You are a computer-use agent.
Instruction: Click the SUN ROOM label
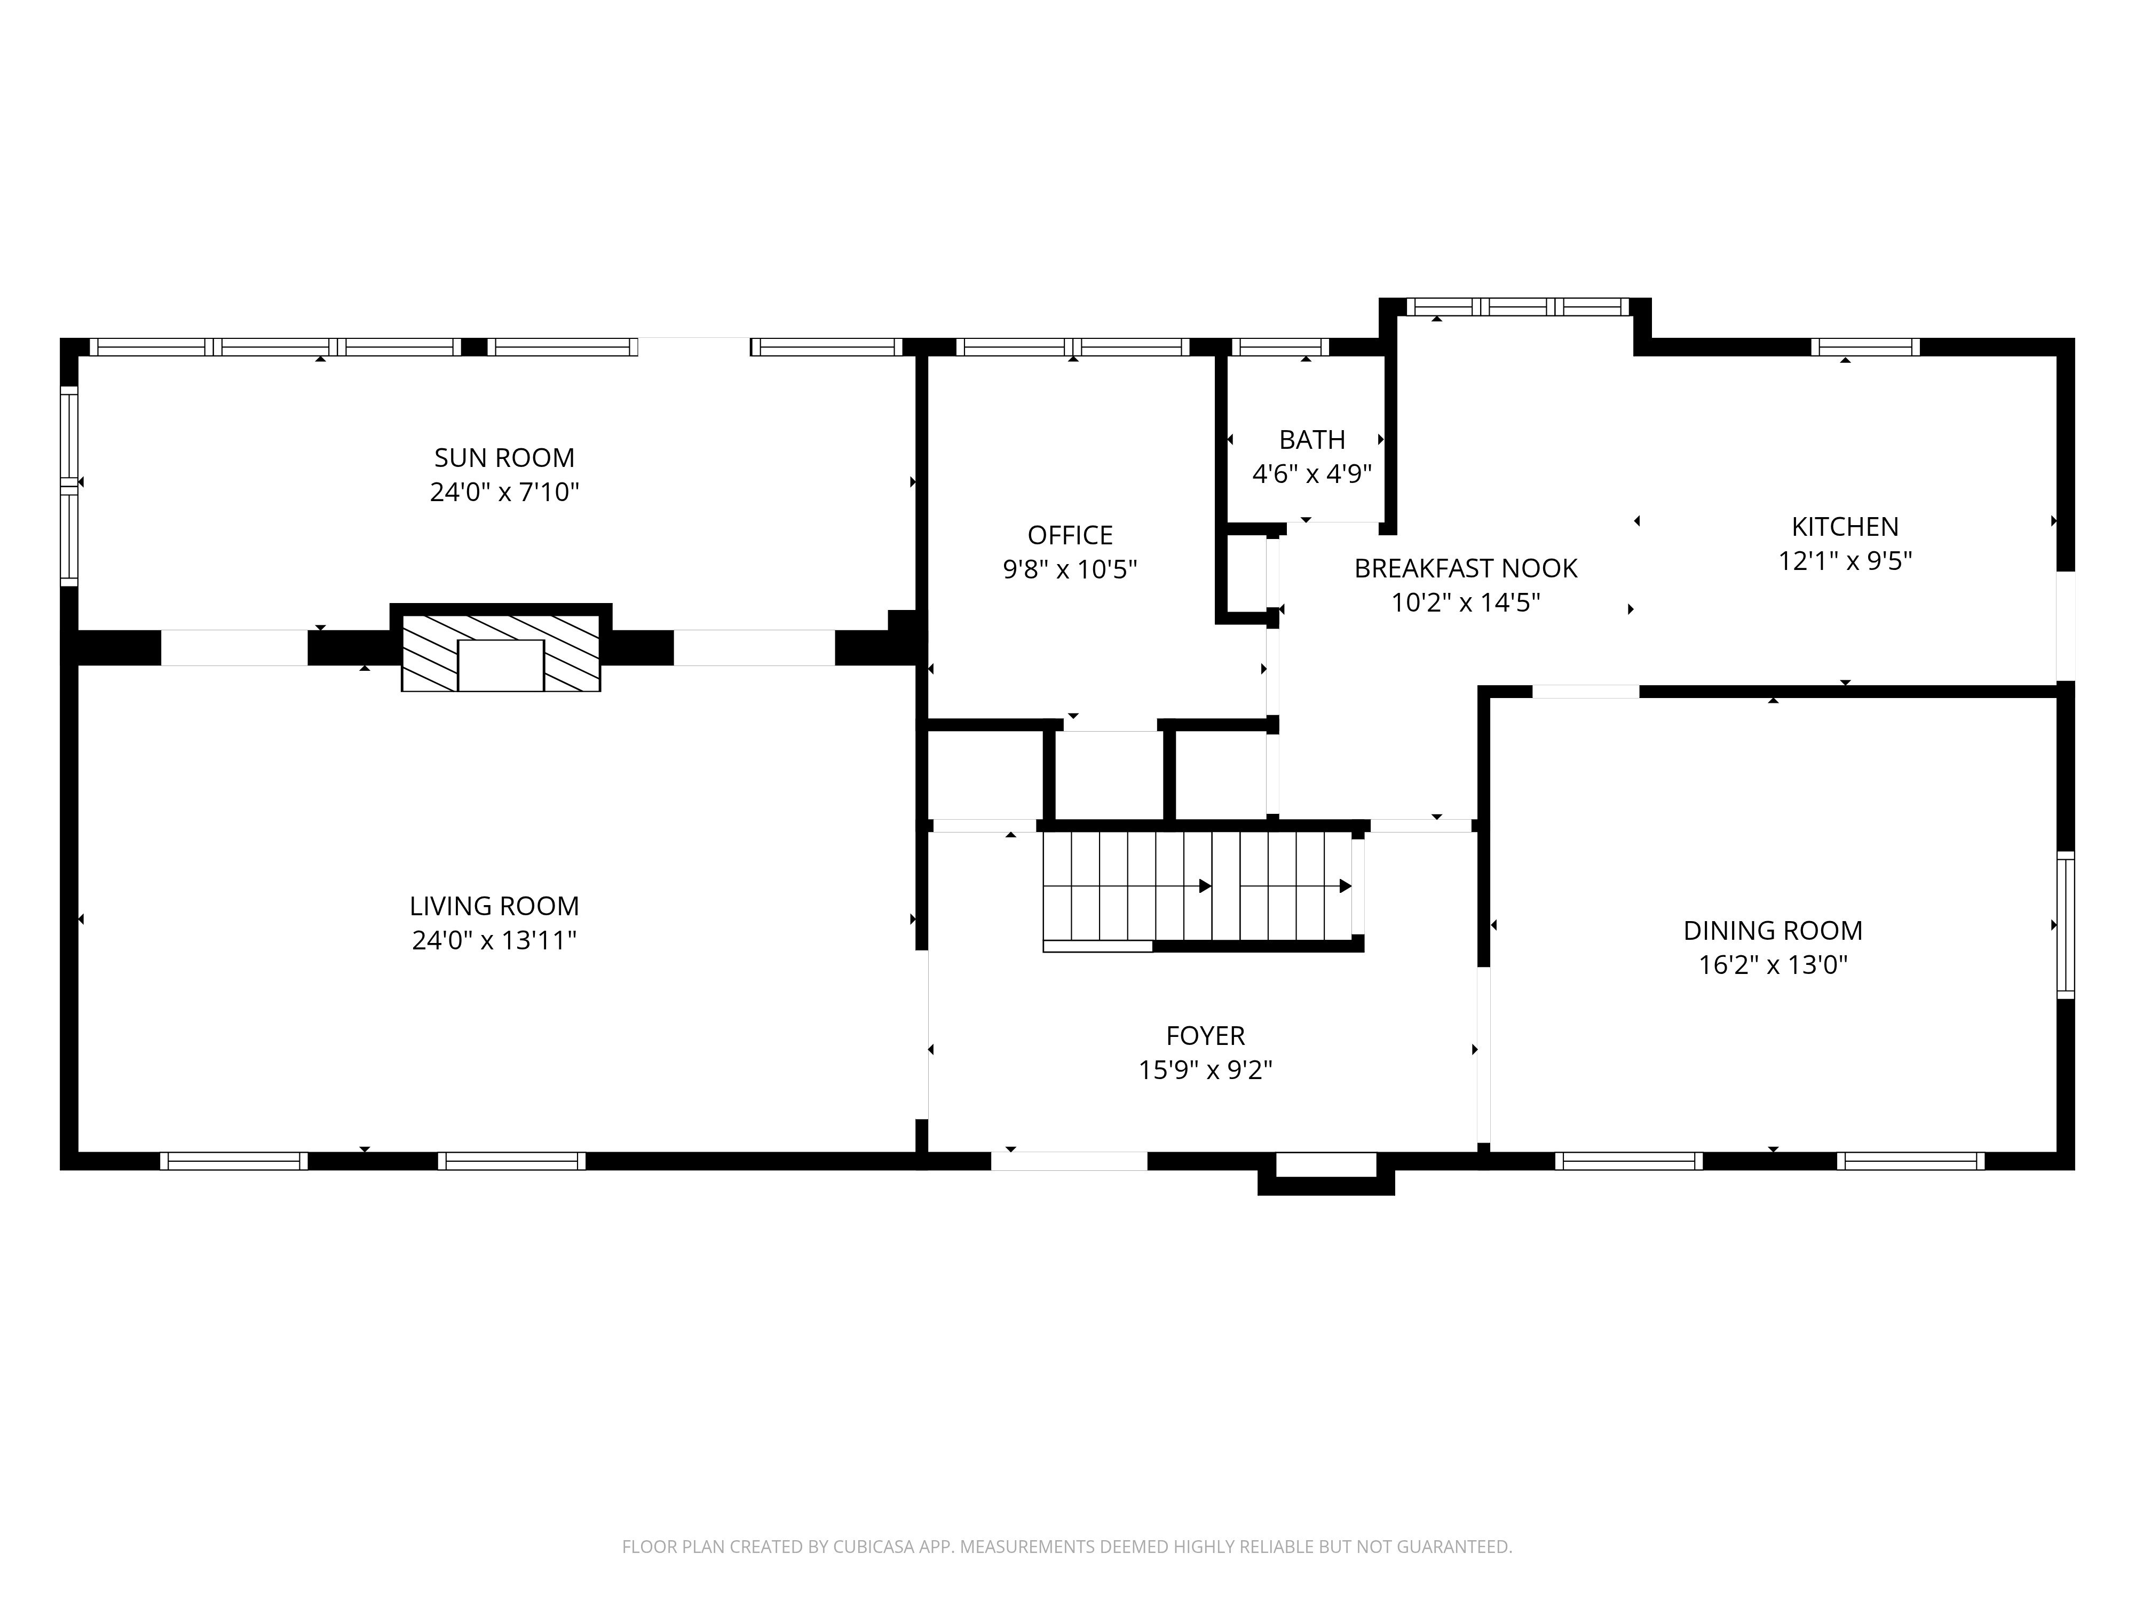[x=504, y=457]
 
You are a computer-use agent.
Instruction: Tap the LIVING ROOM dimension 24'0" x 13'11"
[x=494, y=940]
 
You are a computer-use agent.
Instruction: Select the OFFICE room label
[x=1070, y=535]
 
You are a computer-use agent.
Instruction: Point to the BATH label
[x=1312, y=440]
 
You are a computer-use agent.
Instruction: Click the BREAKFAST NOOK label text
[x=1465, y=568]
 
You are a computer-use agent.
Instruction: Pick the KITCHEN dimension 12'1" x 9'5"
[x=1845, y=561]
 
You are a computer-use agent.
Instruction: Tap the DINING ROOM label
[x=1772, y=930]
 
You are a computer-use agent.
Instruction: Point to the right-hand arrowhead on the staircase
[x=1345, y=886]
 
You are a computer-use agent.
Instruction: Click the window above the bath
[x=1280, y=347]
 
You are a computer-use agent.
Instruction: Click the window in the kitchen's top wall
[x=1865, y=347]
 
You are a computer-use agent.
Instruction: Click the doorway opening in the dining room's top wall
[x=1585, y=691]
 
